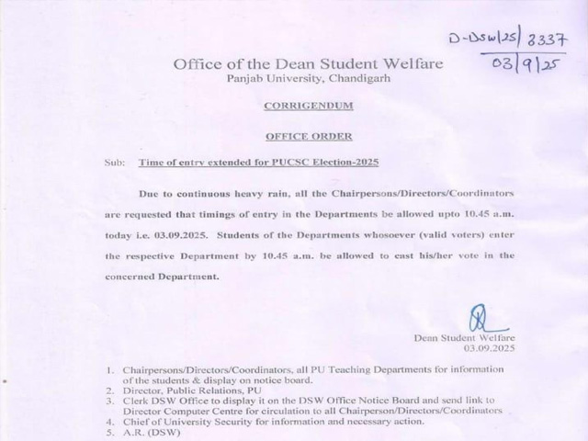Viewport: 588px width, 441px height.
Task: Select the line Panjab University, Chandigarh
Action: (x=295, y=79)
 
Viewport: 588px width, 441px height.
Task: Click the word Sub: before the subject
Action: (x=115, y=162)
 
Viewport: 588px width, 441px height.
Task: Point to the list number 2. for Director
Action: (x=110, y=390)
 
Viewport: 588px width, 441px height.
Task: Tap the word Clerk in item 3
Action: (x=135, y=401)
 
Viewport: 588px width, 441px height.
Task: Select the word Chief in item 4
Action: (x=135, y=422)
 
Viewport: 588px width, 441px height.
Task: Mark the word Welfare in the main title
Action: (x=413, y=64)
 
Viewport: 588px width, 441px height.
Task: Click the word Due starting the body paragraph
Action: (x=148, y=195)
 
